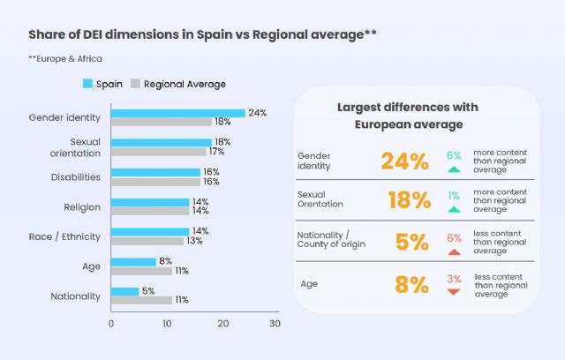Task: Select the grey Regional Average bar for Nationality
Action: tap(141, 300)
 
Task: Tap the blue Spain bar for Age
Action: tap(133, 261)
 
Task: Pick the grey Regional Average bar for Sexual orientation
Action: tap(158, 151)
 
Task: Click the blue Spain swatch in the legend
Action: tap(87, 84)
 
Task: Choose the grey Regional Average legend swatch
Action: tap(136, 84)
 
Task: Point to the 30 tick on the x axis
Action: tap(275, 324)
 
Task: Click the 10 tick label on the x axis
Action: tap(166, 324)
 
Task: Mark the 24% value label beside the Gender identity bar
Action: tap(257, 113)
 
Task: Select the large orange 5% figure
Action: tap(411, 242)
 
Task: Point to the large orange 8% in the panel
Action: tap(411, 284)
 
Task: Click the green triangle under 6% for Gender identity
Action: tap(454, 169)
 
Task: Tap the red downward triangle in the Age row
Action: tap(454, 291)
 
